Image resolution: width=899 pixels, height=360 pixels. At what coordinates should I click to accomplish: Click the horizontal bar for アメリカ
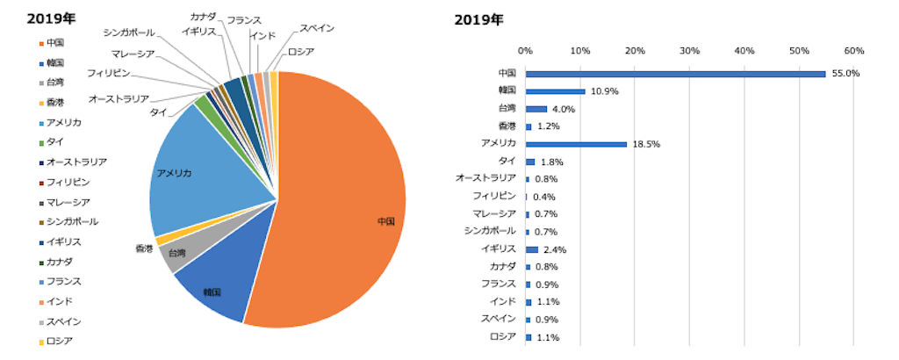[575, 144]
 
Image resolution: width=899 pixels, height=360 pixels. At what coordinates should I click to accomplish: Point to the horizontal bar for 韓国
[555, 91]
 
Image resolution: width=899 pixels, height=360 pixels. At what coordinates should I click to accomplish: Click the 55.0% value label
[845, 74]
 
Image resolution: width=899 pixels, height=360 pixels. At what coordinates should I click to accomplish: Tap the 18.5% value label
[645, 144]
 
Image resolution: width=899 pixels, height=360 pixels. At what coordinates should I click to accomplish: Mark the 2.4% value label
[555, 249]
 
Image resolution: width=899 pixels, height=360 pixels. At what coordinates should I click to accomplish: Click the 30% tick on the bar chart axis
[689, 50]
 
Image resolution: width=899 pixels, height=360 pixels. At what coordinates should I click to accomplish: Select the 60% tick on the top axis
[854, 50]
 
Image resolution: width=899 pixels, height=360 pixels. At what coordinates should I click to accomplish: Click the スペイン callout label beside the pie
[316, 29]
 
